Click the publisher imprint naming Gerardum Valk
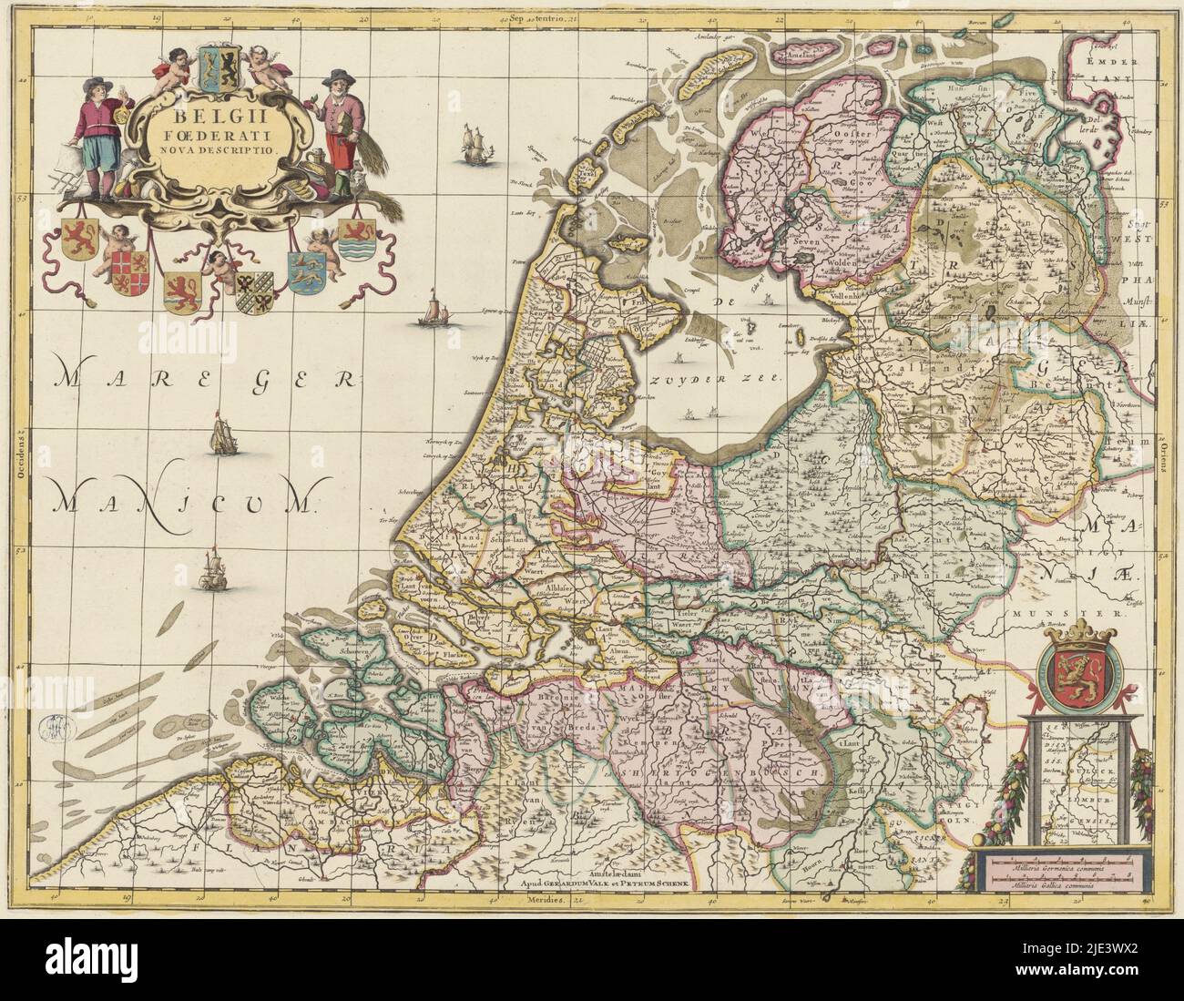(606, 883)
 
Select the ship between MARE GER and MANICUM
(222, 436)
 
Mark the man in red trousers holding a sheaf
(340, 135)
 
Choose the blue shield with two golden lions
(301, 271)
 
